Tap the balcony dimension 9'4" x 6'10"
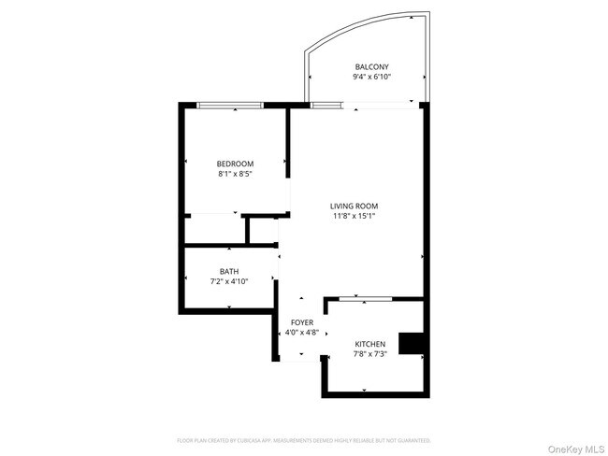pyautogui.click(x=371, y=77)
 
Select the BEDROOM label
pyautogui.click(x=235, y=164)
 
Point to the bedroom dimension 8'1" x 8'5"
pyautogui.click(x=235, y=174)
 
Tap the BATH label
pyautogui.click(x=229, y=271)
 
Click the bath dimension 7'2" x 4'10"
pyautogui.click(x=229, y=281)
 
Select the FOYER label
pyautogui.click(x=301, y=322)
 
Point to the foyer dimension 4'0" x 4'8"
pyautogui.click(x=301, y=333)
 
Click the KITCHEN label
pyautogui.click(x=369, y=344)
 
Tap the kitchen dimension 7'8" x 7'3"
pyautogui.click(x=369, y=354)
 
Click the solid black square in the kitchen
pyautogui.click(x=410, y=344)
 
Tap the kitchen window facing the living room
pyautogui.click(x=365, y=299)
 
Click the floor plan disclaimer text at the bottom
pyautogui.click(x=304, y=439)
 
